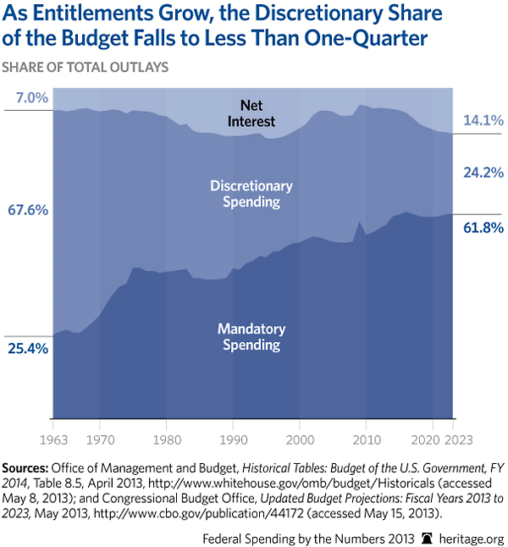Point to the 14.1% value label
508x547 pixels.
483,121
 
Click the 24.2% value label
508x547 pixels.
483,173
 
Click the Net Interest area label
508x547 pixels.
251,113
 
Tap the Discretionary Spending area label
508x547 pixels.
251,194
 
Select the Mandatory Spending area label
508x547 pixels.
251,336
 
